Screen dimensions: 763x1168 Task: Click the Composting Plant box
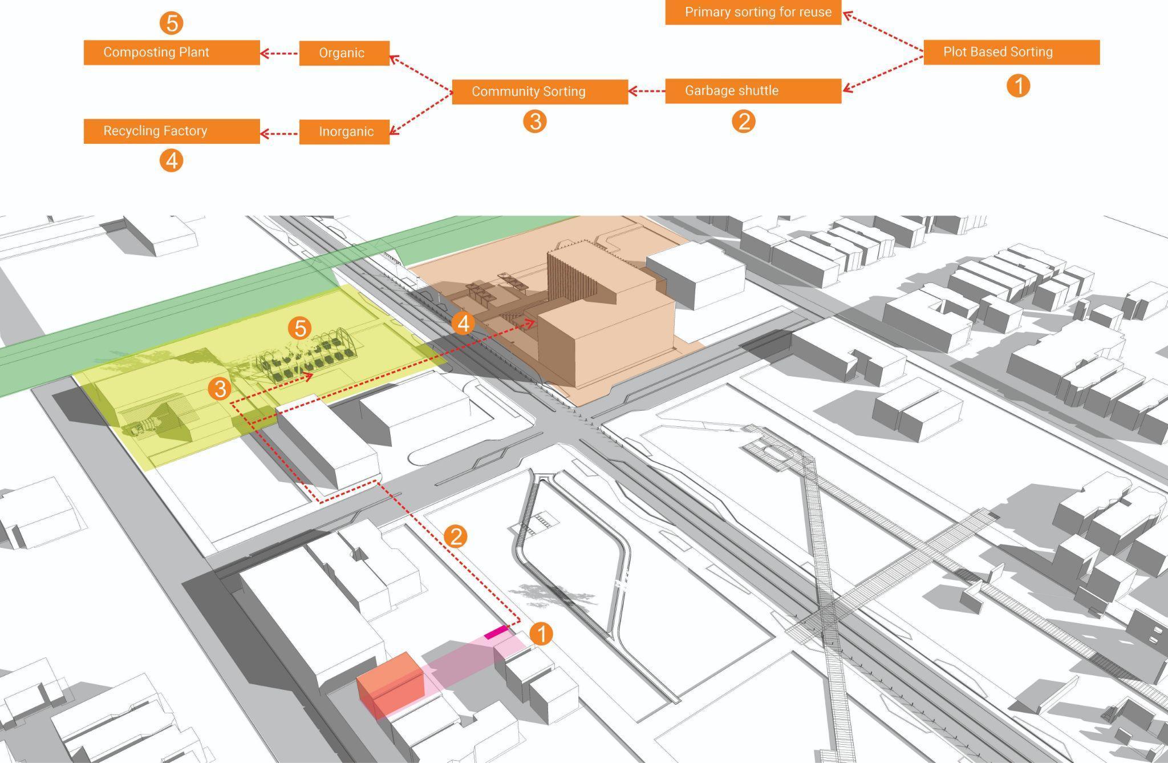pos(172,53)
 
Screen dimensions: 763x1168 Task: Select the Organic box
pos(344,53)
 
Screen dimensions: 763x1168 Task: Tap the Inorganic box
pos(344,132)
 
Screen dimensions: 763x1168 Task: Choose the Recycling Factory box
pos(172,131)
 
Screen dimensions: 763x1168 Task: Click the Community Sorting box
pos(540,92)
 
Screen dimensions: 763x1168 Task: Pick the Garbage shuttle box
pos(753,91)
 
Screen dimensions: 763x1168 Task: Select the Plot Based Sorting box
pos(1011,52)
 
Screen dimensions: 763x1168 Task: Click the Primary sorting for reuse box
pos(753,13)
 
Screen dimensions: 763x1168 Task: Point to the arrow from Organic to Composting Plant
pos(279,54)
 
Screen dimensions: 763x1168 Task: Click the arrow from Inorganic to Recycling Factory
pos(279,134)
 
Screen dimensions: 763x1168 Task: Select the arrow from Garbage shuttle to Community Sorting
pos(647,91)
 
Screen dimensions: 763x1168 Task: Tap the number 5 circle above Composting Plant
pos(172,23)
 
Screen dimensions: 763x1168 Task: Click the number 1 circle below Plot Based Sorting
pos(1018,86)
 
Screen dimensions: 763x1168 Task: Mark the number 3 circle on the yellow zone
pos(220,389)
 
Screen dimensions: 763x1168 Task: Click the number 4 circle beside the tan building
pos(463,323)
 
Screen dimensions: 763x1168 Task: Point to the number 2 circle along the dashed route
pos(455,536)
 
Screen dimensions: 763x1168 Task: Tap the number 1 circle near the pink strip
pos(541,633)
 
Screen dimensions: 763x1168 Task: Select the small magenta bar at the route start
pos(495,632)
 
